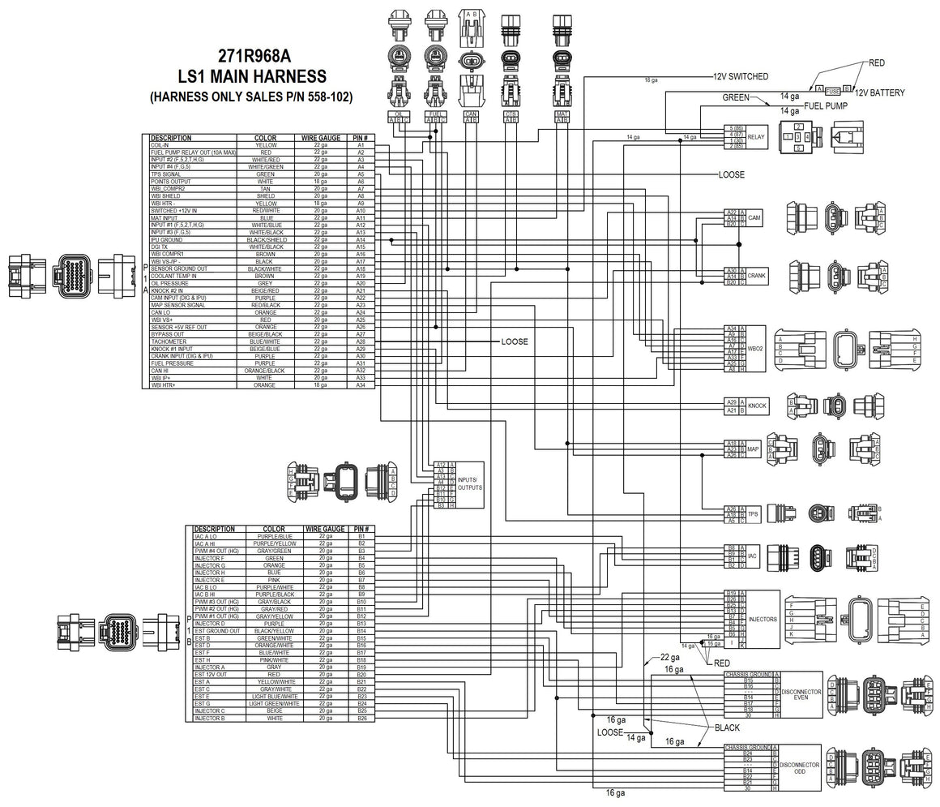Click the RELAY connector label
click(755, 137)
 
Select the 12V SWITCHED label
click(740, 76)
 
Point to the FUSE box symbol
click(833, 89)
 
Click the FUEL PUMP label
click(825, 105)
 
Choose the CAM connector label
click(754, 217)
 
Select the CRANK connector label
click(757, 276)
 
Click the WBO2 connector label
click(755, 348)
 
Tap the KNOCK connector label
click(757, 406)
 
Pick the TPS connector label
click(753, 513)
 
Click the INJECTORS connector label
click(763, 619)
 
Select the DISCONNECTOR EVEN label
click(801, 694)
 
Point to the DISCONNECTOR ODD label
click(801, 767)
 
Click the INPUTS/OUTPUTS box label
click(469, 484)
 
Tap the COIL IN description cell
click(160, 145)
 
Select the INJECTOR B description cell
click(210, 719)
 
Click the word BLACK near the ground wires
click(727, 728)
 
